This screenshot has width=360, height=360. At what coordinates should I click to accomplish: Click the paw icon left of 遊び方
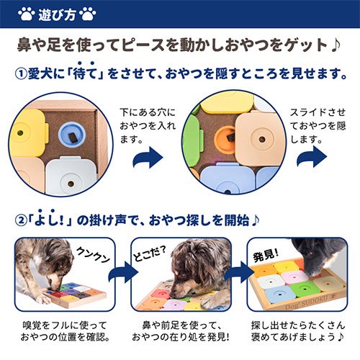(x=25, y=13)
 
